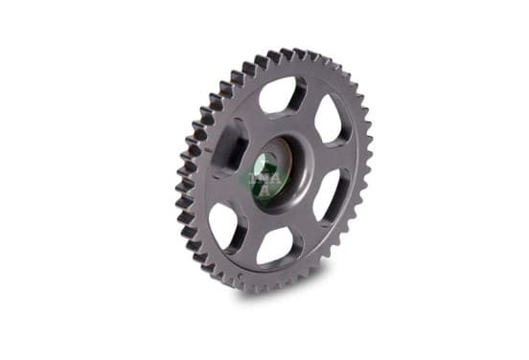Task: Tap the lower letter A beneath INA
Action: coord(265,191)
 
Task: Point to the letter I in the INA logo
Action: coord(252,178)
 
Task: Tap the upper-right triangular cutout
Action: coord(330,119)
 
